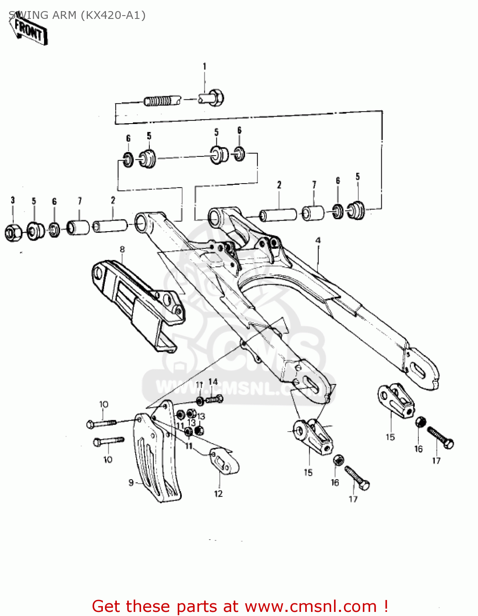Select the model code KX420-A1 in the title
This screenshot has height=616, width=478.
(x=113, y=15)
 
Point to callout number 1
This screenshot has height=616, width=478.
(x=204, y=66)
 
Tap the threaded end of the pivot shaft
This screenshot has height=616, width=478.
(x=158, y=101)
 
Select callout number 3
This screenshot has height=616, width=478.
(x=13, y=200)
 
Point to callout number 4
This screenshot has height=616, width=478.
(x=318, y=240)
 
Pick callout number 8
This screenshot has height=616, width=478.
(x=122, y=249)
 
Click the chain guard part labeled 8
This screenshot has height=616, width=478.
(x=136, y=300)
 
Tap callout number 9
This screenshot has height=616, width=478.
(x=131, y=483)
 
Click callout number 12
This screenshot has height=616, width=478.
(x=218, y=494)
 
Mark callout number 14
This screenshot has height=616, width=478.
(x=213, y=382)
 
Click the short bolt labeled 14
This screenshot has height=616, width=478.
(x=214, y=398)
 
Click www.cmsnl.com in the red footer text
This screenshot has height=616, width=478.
(x=311, y=606)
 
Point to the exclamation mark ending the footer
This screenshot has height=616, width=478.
(x=385, y=606)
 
